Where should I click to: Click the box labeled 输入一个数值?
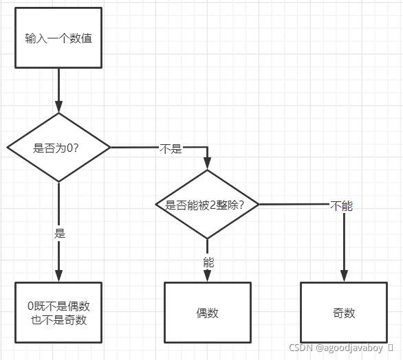point(58,38)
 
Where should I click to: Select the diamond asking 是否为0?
point(58,147)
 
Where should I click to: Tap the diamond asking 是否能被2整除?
point(207,204)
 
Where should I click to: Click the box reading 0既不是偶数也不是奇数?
point(58,313)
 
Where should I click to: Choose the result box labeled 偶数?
point(207,313)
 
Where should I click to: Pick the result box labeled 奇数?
point(343,313)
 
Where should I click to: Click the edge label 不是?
point(171,148)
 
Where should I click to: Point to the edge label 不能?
point(342,205)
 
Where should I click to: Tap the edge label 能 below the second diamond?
point(208,261)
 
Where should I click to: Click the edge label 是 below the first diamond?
point(59,232)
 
